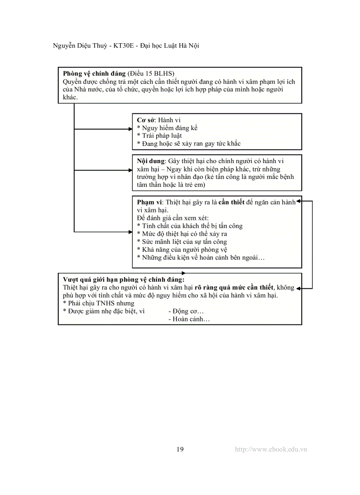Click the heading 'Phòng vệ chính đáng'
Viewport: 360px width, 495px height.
point(94,74)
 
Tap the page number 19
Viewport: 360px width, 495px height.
point(180,449)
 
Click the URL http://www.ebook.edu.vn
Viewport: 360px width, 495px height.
point(271,449)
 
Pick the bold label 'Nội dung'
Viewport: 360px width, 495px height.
point(150,161)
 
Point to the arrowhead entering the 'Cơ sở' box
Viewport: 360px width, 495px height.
point(130,129)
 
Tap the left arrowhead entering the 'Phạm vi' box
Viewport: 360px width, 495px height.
point(130,231)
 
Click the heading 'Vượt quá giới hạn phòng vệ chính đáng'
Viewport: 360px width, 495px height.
point(124,279)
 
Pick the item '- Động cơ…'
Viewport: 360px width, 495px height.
point(186,311)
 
